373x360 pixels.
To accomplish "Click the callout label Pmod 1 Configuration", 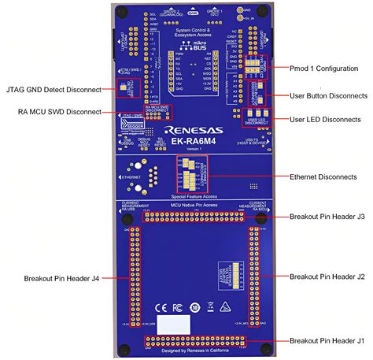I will tap(325, 69).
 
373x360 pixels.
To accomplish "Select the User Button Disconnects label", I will tap(328, 95).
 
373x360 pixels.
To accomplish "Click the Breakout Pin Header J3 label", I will tap(327, 216).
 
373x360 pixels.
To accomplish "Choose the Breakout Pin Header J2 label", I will tap(327, 276).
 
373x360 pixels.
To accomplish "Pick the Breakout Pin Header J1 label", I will tap(327, 340).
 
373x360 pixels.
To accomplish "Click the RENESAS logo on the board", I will tap(193, 127).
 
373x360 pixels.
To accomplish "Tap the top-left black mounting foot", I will tap(122, 10).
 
